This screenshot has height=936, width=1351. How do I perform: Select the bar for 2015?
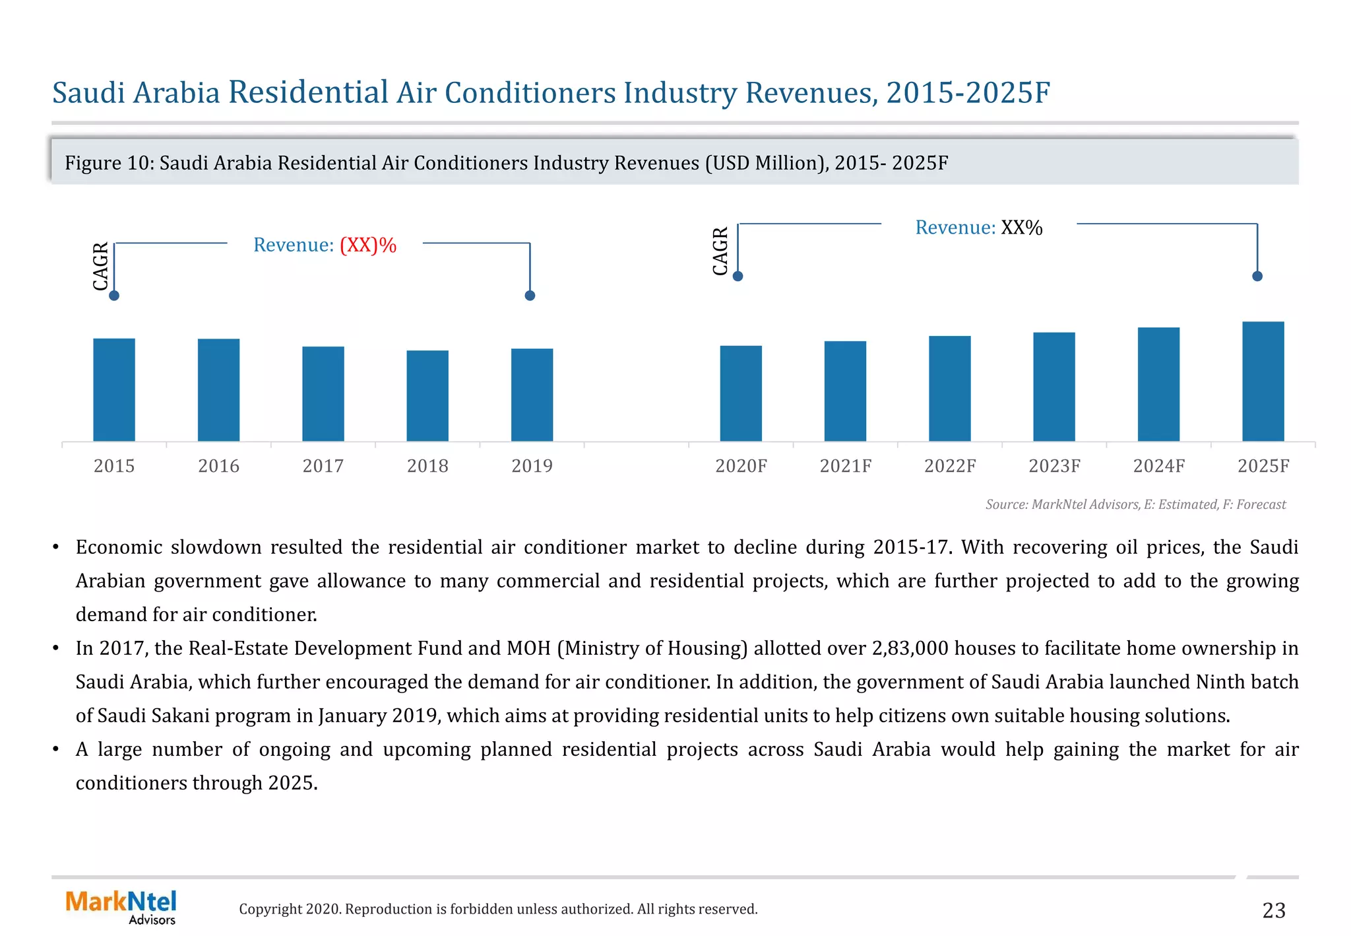[114, 389]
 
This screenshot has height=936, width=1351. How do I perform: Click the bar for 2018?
[427, 395]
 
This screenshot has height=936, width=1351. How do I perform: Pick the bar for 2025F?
[1263, 381]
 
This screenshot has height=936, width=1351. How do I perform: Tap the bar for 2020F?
[741, 393]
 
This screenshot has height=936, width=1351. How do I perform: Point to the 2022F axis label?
[949, 466]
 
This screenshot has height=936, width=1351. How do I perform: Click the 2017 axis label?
[323, 466]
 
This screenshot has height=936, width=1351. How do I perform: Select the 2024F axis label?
[1158, 466]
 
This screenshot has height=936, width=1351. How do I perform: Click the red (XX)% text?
[368, 245]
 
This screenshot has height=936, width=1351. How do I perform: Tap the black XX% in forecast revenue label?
[1021, 228]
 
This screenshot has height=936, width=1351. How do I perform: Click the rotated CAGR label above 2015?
[100, 266]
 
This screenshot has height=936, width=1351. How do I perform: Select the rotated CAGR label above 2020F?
[720, 251]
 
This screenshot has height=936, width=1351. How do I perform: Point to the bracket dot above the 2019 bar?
[530, 295]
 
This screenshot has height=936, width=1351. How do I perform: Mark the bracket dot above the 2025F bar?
[1257, 276]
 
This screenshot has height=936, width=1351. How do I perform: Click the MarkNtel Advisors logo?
[121, 907]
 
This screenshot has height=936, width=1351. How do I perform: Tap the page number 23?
[1273, 910]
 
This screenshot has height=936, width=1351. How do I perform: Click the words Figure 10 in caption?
[109, 163]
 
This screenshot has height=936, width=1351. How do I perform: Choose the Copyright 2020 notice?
[498, 909]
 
